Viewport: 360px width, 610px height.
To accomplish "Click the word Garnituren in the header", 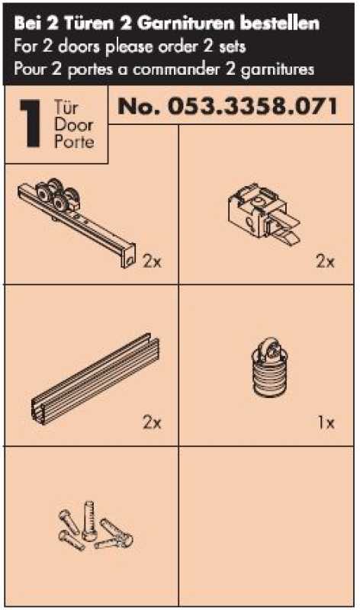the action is pyautogui.click(x=186, y=24).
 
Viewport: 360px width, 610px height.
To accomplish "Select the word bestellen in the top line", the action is pyautogui.click(x=279, y=24).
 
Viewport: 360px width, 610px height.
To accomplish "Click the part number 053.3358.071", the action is pyautogui.click(x=252, y=106).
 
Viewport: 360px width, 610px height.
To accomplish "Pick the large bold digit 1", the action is pyautogui.click(x=31, y=124).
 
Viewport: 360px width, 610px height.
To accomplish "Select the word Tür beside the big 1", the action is pyautogui.click(x=66, y=108).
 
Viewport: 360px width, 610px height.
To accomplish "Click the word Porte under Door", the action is pyautogui.click(x=74, y=141).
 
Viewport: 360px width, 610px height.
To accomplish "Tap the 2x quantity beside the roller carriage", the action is pyautogui.click(x=152, y=262).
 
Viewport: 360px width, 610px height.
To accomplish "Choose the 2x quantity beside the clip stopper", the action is pyautogui.click(x=325, y=262).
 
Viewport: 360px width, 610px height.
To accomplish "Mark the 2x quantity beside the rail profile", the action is pyautogui.click(x=152, y=422).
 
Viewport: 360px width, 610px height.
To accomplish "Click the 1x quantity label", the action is pyautogui.click(x=326, y=422).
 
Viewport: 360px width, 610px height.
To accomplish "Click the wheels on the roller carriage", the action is pyautogui.click(x=57, y=195).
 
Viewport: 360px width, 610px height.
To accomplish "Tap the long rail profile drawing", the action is pyautogui.click(x=95, y=379).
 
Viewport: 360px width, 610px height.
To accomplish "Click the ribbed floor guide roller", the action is pyautogui.click(x=270, y=368).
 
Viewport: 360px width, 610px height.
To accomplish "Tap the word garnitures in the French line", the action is pyautogui.click(x=278, y=69).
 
